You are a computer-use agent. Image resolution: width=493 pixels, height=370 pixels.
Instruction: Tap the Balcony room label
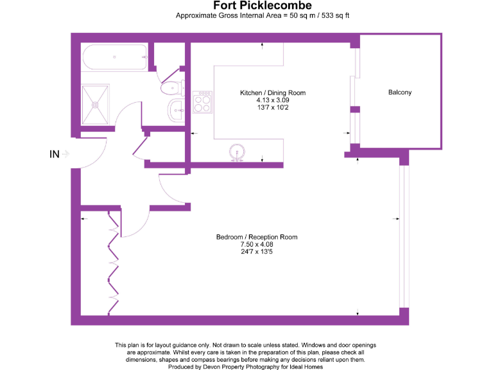coord(400,92)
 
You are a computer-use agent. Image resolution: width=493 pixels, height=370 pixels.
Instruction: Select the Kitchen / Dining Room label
coord(273,93)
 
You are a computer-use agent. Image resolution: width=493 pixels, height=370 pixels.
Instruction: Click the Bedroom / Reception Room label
coord(256,237)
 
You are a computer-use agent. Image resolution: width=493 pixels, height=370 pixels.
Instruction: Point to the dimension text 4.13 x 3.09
coord(273,100)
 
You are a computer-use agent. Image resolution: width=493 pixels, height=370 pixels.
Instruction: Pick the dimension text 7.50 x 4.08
coord(256,244)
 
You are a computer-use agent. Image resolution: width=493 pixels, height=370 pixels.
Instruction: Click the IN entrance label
coord(55,154)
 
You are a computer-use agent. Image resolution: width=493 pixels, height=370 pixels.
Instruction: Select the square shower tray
coord(96,103)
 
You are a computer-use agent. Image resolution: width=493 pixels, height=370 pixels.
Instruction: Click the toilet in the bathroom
coord(171,88)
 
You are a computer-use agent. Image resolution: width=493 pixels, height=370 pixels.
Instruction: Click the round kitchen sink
coord(238,152)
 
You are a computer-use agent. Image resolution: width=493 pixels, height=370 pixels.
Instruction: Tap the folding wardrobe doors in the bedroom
coord(114,263)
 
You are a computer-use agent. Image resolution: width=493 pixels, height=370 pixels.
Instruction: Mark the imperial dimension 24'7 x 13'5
coord(256,251)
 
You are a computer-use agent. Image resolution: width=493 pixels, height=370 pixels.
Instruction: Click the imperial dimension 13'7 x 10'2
coord(273,107)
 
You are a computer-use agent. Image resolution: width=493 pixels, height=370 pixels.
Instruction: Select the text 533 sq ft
coord(333,15)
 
